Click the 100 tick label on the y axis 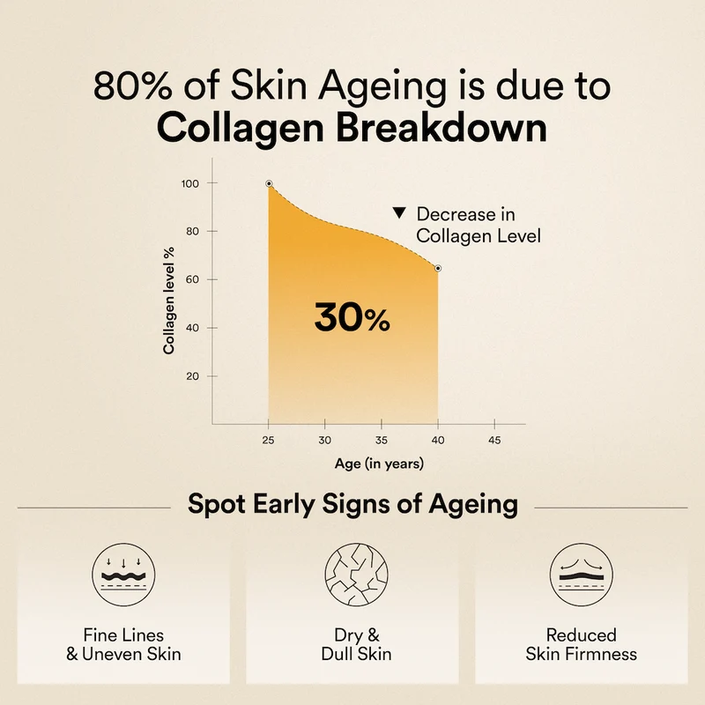point(189,183)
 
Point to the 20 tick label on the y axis point(192,376)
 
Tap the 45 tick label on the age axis point(494,440)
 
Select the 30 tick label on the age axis point(324,440)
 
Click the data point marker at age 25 point(269,183)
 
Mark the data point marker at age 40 point(438,269)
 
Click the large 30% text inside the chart point(352,317)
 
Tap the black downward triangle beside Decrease point(399,212)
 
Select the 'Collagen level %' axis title point(168,301)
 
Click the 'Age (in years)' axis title point(379,464)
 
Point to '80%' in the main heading point(133,85)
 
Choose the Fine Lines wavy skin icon point(123,575)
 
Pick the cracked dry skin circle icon point(357,575)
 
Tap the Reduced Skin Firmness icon point(582,575)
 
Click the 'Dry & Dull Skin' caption point(357,644)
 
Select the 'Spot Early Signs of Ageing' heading point(353,504)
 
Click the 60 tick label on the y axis point(192,279)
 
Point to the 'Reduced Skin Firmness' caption point(582,644)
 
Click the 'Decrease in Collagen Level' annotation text point(479,225)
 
